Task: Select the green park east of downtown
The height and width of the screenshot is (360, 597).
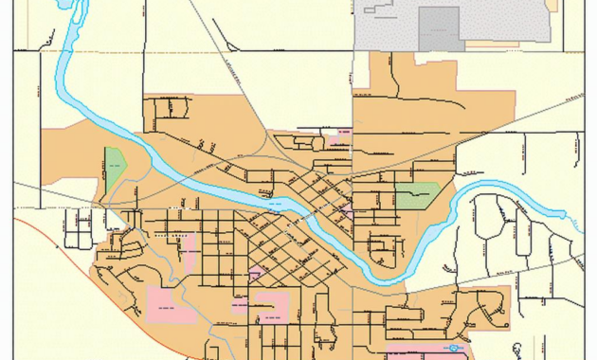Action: pos(417,195)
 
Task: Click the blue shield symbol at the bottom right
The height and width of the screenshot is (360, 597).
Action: pos(456,349)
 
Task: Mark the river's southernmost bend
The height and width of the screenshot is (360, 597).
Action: pos(384,278)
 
